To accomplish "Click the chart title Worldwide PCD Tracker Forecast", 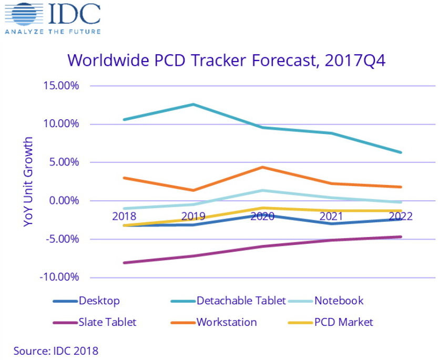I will click(x=227, y=60).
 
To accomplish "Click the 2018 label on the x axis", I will click(x=124, y=216).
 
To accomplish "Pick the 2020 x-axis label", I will click(x=262, y=216).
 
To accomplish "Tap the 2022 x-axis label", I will click(x=399, y=216).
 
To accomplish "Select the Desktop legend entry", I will click(x=99, y=301).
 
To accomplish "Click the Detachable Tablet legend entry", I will click(x=241, y=301).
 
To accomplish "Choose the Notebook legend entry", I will click(x=339, y=301).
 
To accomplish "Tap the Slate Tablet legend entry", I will click(x=106, y=322).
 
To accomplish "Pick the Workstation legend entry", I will click(x=227, y=322).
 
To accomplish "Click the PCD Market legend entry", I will click(x=343, y=322).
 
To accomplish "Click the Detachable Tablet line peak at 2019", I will click(x=193, y=104).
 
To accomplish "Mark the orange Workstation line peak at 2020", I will click(x=262, y=167).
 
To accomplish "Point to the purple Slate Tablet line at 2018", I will click(x=124, y=263).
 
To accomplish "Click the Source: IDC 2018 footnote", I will click(x=56, y=350).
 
